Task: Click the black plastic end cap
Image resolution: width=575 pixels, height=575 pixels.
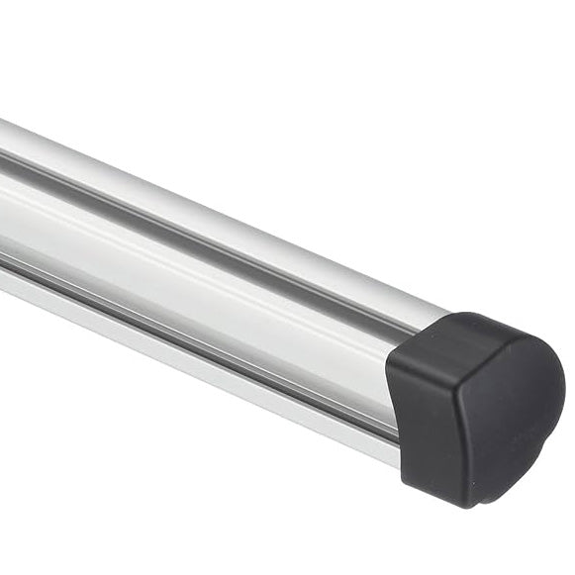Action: (475, 406)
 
